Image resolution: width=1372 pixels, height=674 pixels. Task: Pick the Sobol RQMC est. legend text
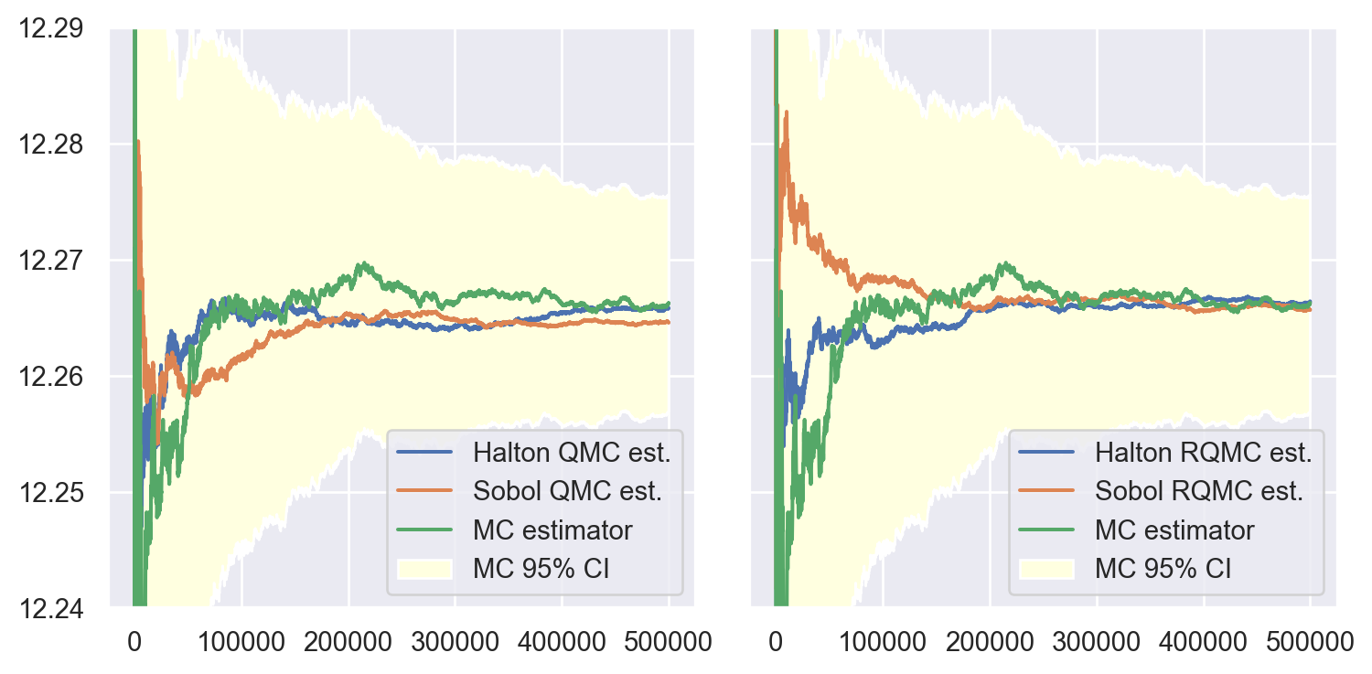[1199, 491]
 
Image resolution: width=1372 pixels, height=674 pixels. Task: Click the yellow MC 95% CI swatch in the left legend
[425, 569]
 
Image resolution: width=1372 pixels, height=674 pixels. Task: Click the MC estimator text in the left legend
[552, 530]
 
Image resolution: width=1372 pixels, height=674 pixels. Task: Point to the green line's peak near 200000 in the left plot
[365, 263]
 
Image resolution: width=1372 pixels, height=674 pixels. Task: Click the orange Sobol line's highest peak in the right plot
[786, 112]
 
